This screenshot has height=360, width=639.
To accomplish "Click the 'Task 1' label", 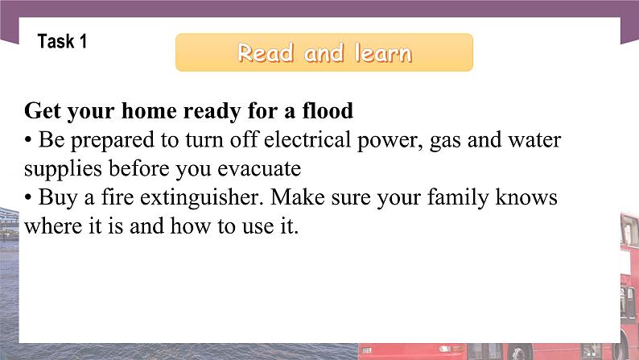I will coord(62,42).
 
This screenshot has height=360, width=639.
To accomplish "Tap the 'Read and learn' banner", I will coord(324,53).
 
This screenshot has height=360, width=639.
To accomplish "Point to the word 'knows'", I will coord(530,198).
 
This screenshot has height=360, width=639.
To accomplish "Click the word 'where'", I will coord(50,227).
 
